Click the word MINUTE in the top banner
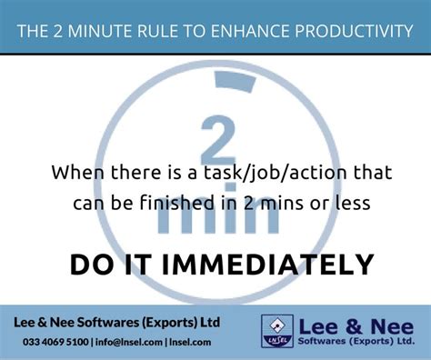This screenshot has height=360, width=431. pos(107,33)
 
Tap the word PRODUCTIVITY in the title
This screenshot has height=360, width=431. pos(349,33)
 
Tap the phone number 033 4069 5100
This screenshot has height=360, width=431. pos(56,342)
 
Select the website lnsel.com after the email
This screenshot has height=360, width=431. pos(188,342)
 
